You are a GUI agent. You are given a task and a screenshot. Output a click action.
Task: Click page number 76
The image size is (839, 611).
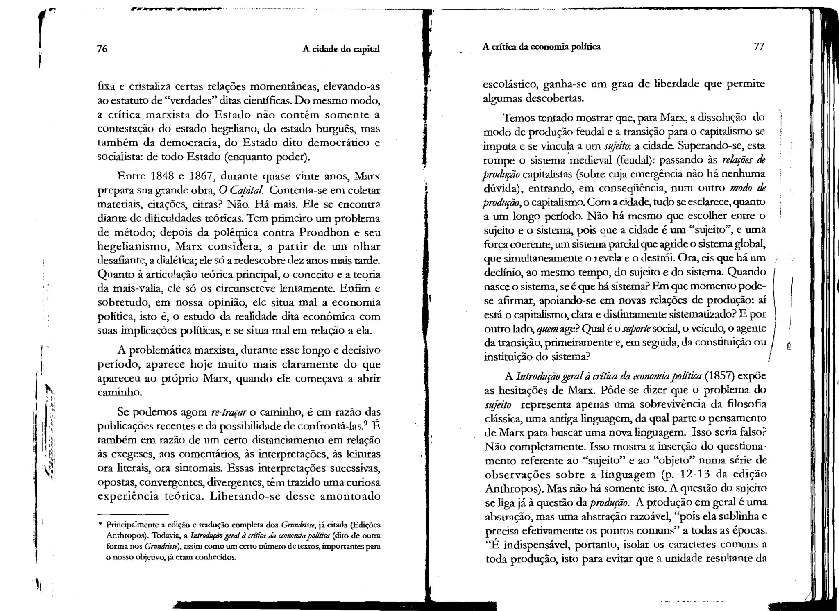[x=102, y=49]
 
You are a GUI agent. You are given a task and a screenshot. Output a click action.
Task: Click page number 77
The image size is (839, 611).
[x=759, y=46]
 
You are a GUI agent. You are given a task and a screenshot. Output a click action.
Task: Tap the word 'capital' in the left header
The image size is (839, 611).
[x=366, y=49]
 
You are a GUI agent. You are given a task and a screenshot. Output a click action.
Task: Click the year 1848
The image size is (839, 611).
[x=163, y=176]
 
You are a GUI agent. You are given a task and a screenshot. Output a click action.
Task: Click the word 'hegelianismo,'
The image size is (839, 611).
[x=134, y=247]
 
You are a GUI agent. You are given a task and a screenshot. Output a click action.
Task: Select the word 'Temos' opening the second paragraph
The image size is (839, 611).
[x=518, y=118]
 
